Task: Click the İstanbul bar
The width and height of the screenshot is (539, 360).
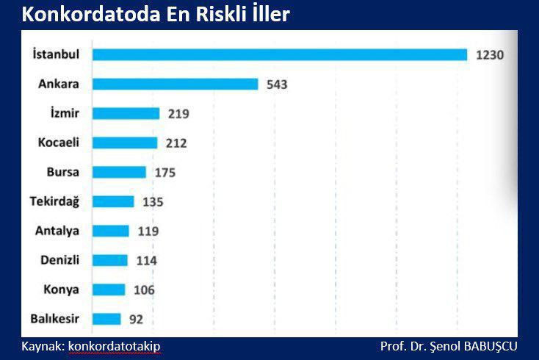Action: point(280,54)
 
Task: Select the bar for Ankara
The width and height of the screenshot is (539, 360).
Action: point(176,84)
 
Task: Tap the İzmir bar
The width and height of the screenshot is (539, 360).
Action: point(126,113)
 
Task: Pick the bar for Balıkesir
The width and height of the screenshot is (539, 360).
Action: point(106,319)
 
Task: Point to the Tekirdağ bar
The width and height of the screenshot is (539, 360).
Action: point(113,201)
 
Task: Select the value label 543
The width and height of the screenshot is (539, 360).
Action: point(277,84)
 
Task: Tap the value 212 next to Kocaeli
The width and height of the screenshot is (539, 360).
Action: point(176,143)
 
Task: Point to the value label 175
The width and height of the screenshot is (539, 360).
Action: point(164,173)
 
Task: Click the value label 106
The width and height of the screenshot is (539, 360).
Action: point(144,290)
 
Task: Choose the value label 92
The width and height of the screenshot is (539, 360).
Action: point(136,320)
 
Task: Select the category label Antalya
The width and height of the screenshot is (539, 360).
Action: point(57,231)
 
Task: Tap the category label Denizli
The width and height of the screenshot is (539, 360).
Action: point(58,260)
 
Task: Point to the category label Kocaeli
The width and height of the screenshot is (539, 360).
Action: point(59,143)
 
